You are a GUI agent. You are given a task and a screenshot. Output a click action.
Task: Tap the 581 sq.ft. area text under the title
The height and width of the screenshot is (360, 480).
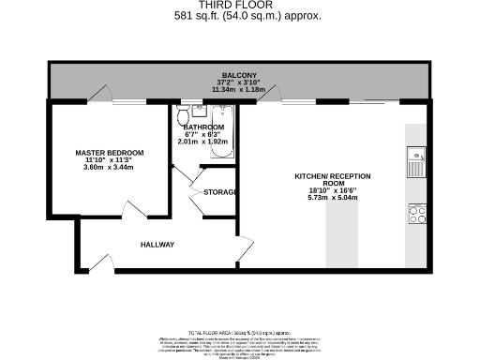(x=247, y=16)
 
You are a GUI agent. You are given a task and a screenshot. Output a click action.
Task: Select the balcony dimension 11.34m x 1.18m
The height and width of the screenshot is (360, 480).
(x=239, y=91)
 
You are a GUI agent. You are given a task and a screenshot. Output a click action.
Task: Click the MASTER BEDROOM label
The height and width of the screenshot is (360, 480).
(x=110, y=153)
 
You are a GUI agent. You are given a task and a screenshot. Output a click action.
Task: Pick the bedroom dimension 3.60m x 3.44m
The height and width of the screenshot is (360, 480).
(x=110, y=167)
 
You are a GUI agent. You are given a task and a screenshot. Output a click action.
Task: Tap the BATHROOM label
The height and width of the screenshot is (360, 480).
(x=203, y=127)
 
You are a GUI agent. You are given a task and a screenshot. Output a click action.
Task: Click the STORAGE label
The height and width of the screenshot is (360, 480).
(x=217, y=192)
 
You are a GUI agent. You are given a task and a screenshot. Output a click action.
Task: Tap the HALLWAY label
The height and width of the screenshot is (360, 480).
(x=157, y=245)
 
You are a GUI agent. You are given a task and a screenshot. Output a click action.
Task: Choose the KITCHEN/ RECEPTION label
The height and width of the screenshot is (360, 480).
(x=333, y=181)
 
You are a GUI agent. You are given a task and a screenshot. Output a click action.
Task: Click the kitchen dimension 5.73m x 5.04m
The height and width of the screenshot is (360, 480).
(x=333, y=199)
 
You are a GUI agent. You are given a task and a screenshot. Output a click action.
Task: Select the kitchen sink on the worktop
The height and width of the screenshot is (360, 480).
(x=416, y=165)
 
